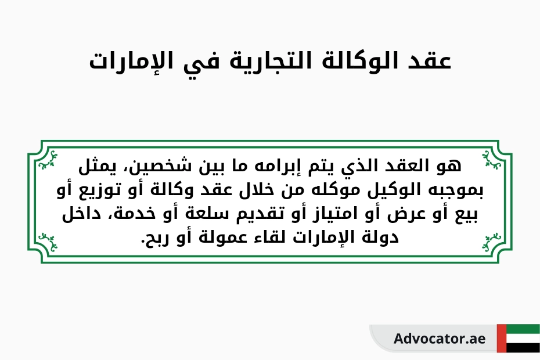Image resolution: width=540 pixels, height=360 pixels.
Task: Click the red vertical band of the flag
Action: (501, 339)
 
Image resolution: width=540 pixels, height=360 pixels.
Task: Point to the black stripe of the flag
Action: (523, 348)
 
